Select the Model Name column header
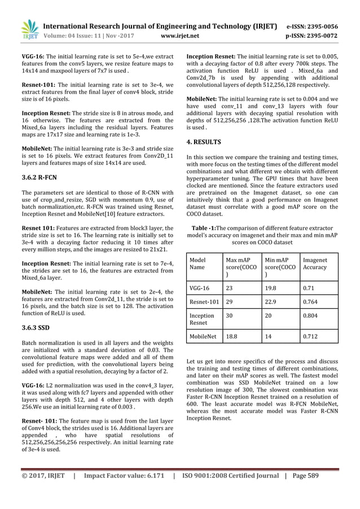(x=198, y=264)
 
